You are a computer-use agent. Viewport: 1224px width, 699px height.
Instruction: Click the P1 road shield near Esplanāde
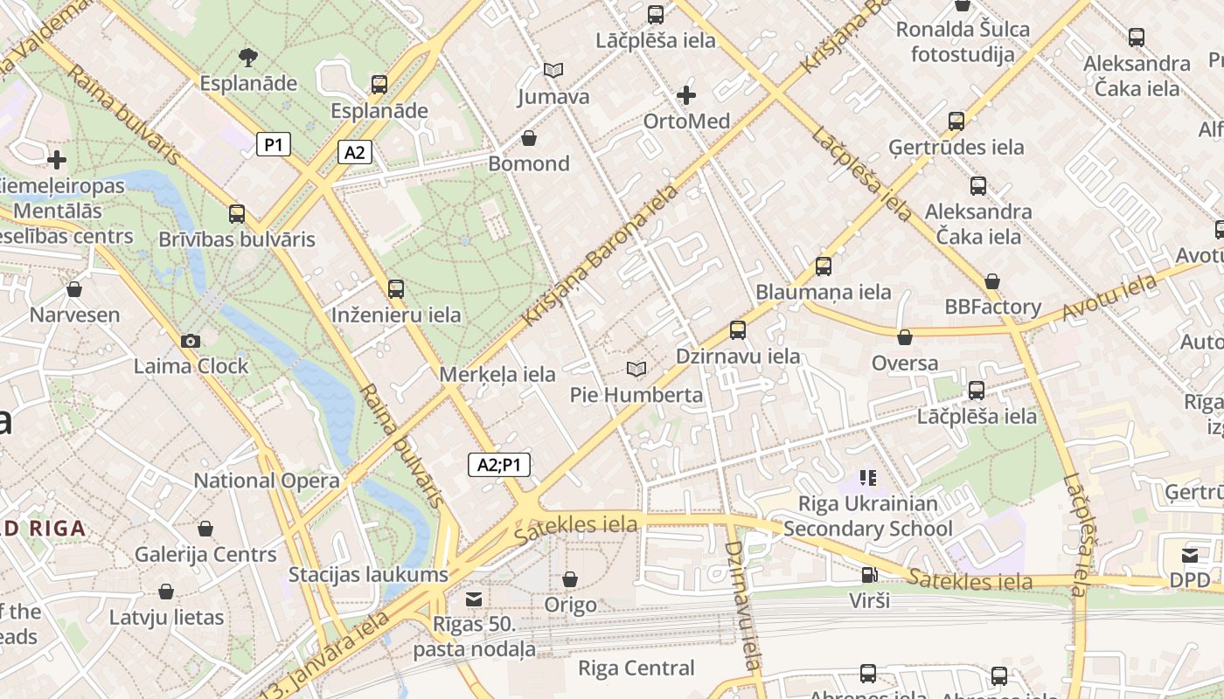click(x=274, y=144)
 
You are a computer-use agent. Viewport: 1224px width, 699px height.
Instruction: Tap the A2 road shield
click(x=354, y=153)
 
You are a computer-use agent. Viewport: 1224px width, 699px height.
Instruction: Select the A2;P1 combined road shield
click(x=499, y=465)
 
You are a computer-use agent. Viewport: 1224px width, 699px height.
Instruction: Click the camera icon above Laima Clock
click(x=191, y=341)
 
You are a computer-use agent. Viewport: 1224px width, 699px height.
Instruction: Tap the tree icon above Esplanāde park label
click(x=248, y=58)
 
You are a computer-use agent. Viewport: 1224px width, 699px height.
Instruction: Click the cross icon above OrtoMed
click(x=686, y=94)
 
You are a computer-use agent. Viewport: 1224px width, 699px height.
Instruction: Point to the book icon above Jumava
click(x=553, y=70)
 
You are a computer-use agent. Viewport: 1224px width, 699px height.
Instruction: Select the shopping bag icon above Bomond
click(x=528, y=138)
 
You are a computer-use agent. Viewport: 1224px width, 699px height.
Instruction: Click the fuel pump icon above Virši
click(x=869, y=575)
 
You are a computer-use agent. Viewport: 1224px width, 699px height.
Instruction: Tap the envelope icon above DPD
click(x=1190, y=556)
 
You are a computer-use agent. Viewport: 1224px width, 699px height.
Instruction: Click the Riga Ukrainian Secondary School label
click(x=867, y=516)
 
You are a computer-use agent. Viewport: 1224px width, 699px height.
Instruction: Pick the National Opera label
click(x=267, y=481)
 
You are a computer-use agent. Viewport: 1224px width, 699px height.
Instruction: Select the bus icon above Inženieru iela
click(x=396, y=289)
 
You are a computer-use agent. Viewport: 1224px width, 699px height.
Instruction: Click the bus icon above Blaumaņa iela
click(x=823, y=266)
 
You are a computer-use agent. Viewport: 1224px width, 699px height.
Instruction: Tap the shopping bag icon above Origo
click(x=570, y=579)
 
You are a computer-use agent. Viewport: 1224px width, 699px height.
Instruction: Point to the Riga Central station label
click(x=636, y=668)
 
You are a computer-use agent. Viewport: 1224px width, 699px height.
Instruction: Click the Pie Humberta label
click(x=636, y=395)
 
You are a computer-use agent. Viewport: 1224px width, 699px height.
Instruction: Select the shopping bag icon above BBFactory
click(x=992, y=281)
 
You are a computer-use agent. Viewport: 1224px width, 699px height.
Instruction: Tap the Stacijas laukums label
click(x=368, y=575)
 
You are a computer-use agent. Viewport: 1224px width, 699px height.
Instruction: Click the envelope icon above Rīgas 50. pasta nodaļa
click(x=474, y=599)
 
